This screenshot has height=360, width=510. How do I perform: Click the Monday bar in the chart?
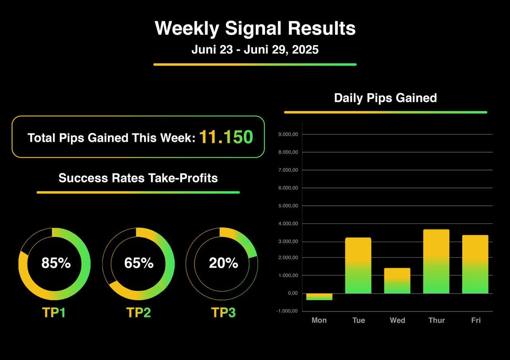click(319, 297)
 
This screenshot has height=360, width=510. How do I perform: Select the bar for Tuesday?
click(358, 266)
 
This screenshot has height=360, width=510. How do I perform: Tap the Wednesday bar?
click(397, 281)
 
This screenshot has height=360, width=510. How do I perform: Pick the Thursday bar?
click(436, 262)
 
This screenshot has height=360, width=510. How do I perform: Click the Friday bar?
click(475, 264)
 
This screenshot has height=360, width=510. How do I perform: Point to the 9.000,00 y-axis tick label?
click(288, 135)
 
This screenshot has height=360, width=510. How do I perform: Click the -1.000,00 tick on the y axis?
click(287, 311)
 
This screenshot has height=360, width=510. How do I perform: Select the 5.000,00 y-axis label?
click(288, 206)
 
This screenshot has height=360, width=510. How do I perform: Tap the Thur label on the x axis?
click(436, 320)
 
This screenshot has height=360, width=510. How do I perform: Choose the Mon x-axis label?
click(319, 320)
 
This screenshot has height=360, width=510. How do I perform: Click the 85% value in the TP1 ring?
click(56, 263)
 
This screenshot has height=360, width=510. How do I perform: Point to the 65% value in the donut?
click(139, 263)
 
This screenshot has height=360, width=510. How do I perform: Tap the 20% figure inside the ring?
click(223, 263)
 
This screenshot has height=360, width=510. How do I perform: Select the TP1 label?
click(54, 313)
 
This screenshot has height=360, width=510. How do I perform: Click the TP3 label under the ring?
click(223, 313)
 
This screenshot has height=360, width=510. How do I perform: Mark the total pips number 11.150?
click(226, 137)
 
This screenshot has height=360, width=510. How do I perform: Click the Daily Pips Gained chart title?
click(385, 98)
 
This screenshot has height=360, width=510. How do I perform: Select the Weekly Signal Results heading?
click(255, 29)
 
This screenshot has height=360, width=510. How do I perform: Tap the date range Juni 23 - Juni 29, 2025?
click(255, 50)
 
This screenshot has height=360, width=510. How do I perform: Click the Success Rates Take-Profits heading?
click(138, 178)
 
